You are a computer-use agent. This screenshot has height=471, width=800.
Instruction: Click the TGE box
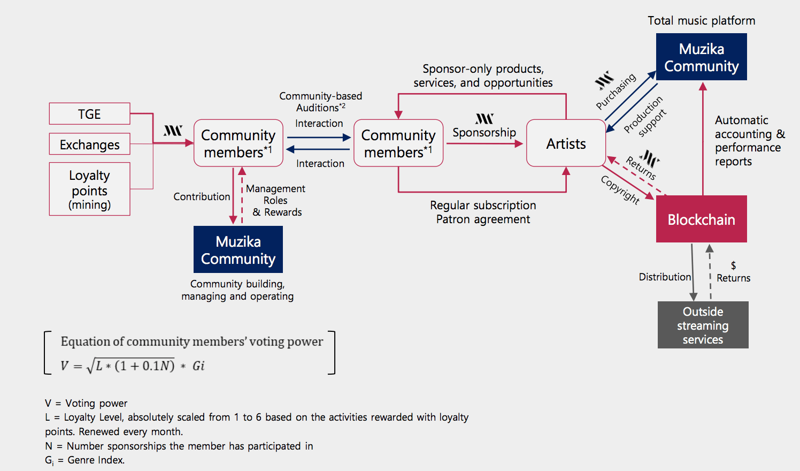tap(89, 114)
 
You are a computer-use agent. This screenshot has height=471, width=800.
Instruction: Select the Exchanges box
tap(89, 145)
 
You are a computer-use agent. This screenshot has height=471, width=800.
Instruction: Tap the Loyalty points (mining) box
tap(89, 189)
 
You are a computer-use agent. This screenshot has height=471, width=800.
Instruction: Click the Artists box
tap(566, 143)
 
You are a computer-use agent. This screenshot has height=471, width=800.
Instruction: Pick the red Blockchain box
tap(701, 219)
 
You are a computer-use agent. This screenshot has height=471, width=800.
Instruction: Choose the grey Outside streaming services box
tap(703, 325)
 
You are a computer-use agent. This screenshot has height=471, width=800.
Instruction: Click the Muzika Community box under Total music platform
tap(701, 57)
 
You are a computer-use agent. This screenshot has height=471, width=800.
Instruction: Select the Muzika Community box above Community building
tap(238, 250)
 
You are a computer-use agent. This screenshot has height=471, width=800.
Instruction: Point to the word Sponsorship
tap(484, 132)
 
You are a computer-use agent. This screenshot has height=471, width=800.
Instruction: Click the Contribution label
tap(202, 196)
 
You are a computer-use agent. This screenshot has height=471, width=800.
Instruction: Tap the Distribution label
tap(665, 277)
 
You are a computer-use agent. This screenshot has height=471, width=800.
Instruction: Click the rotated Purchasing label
tap(616, 92)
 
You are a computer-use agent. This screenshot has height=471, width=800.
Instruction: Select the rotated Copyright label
tap(620, 189)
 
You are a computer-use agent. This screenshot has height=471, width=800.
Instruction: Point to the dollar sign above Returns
tap(733, 265)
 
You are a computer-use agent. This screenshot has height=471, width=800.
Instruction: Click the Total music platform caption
tap(701, 21)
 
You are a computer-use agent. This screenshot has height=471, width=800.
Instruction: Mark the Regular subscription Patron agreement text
tap(483, 212)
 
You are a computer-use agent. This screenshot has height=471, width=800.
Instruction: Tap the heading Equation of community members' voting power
tap(191, 341)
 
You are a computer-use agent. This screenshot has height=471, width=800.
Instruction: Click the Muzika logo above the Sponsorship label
tap(484, 119)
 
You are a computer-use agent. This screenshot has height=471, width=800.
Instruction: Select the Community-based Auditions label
tap(320, 102)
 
